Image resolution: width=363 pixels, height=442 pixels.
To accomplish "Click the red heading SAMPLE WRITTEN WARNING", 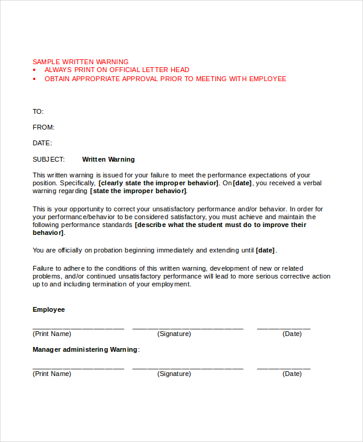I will click(80, 62).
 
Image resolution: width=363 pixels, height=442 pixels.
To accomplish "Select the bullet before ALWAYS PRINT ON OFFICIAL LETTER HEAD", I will click(34, 70).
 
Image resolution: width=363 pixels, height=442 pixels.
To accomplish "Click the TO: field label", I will click(38, 111).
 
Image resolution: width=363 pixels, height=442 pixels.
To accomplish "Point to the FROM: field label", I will click(44, 127).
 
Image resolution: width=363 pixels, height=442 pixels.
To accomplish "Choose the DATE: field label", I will click(42, 143).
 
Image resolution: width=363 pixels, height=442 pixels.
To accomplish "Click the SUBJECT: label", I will click(48, 159).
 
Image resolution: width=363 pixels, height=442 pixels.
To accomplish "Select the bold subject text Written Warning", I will click(108, 159).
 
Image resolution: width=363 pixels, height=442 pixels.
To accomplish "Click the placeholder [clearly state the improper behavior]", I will click(158, 183).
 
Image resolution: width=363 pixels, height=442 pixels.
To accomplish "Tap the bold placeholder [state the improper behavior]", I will click(139, 191).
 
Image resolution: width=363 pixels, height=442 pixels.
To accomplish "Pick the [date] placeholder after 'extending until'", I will click(266, 250).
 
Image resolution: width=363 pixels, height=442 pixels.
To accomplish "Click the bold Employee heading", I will click(48, 309).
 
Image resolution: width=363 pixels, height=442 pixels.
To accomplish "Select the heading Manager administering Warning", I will click(85, 349).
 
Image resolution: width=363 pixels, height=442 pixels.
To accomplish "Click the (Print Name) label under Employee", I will click(52, 334).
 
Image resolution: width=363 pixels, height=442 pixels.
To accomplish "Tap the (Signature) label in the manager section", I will click(174, 374).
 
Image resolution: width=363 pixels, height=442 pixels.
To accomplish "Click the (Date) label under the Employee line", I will click(292, 334).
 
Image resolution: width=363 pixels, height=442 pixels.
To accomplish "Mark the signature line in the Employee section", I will click(188, 328).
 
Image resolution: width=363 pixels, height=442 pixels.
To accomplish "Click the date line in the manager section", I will click(284, 368).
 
